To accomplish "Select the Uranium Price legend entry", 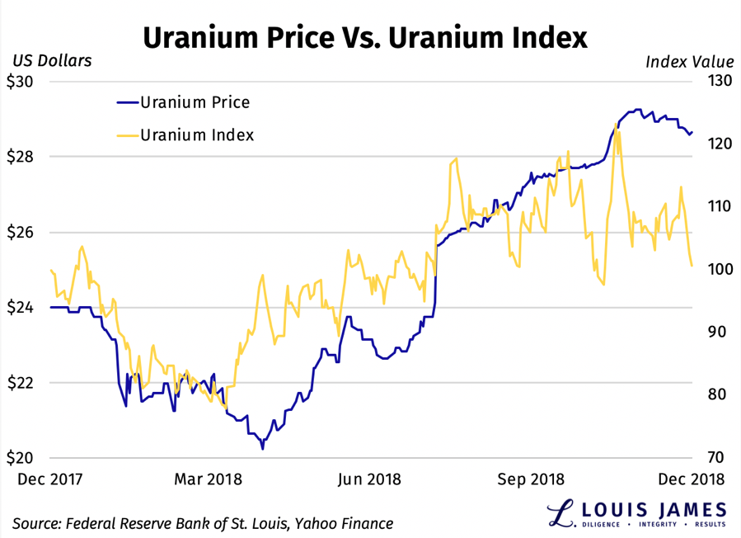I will coord(195,102).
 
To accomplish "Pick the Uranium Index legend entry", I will coord(197,134).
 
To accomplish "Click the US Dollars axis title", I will coord(51,60).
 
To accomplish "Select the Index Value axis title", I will coord(689,61).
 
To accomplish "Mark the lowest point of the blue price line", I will coord(262,449).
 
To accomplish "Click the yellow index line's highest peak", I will coord(617,125).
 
